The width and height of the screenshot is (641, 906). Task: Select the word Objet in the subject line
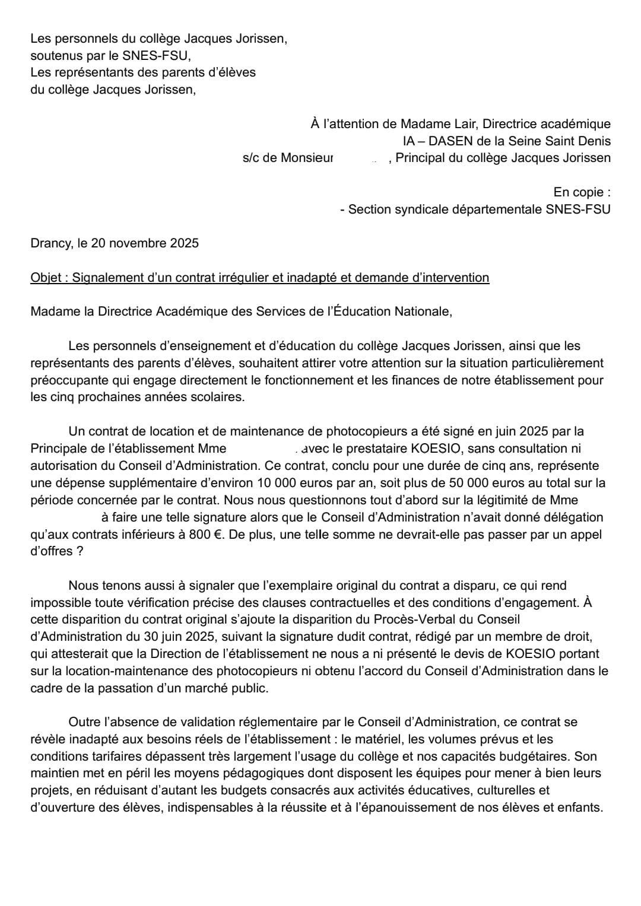pyautogui.click(x=46, y=278)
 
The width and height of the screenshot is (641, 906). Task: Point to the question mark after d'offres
pyautogui.click(x=79, y=551)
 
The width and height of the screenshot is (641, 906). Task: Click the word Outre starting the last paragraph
pyautogui.click(x=84, y=722)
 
